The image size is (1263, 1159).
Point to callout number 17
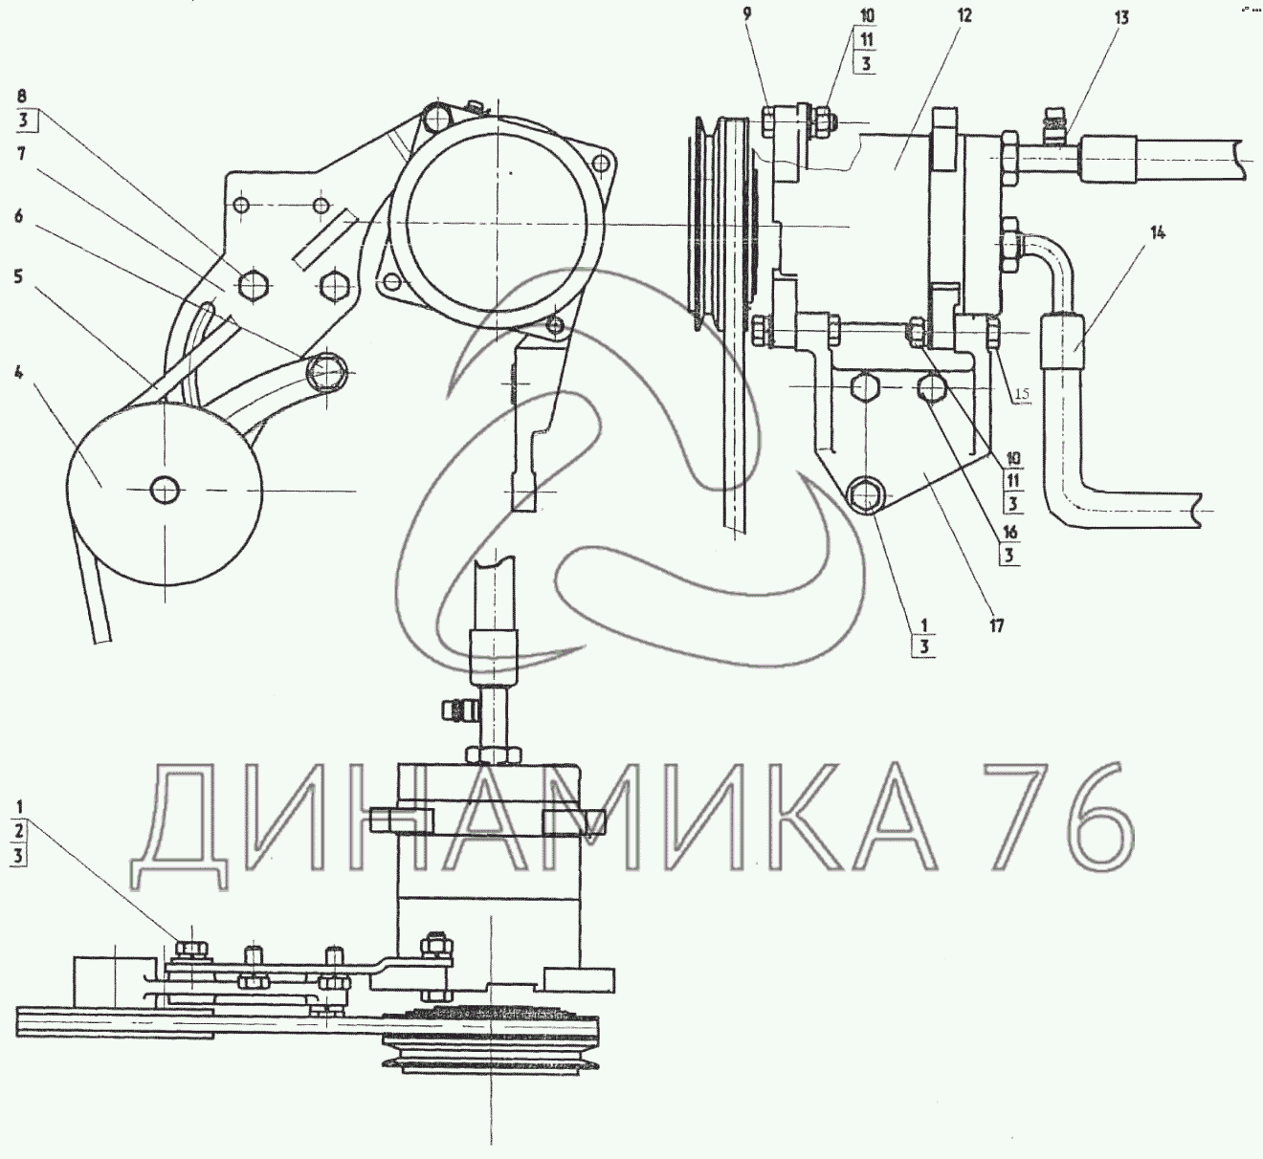(x=996, y=625)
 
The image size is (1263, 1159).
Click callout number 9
(x=747, y=14)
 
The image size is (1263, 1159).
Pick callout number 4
(x=19, y=373)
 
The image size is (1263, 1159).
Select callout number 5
(x=18, y=276)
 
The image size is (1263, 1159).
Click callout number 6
(x=19, y=217)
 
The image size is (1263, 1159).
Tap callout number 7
(x=21, y=154)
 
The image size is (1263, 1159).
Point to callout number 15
(x=1022, y=394)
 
